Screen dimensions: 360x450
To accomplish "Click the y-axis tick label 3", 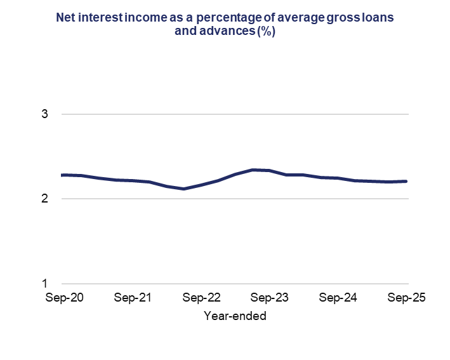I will click(45, 114).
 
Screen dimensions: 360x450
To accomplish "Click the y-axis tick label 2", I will click(45, 199).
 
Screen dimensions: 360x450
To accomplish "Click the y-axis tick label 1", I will click(45, 283).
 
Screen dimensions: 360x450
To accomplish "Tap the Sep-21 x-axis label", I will click(133, 298).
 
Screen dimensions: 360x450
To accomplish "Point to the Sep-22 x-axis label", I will click(201, 298).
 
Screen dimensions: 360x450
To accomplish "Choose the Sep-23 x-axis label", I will click(270, 298).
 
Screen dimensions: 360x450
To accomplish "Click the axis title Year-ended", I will click(235, 316).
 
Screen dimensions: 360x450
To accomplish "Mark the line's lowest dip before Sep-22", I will click(183, 189).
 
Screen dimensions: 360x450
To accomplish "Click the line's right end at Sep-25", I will click(406, 181).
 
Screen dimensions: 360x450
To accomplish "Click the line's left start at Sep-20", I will click(62, 175).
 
